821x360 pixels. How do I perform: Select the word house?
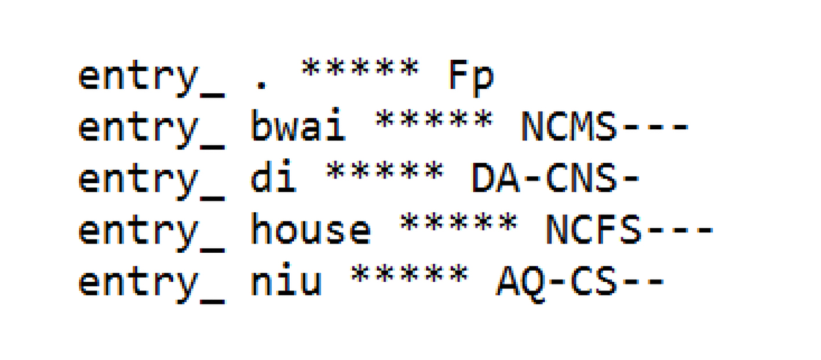click(x=311, y=230)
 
